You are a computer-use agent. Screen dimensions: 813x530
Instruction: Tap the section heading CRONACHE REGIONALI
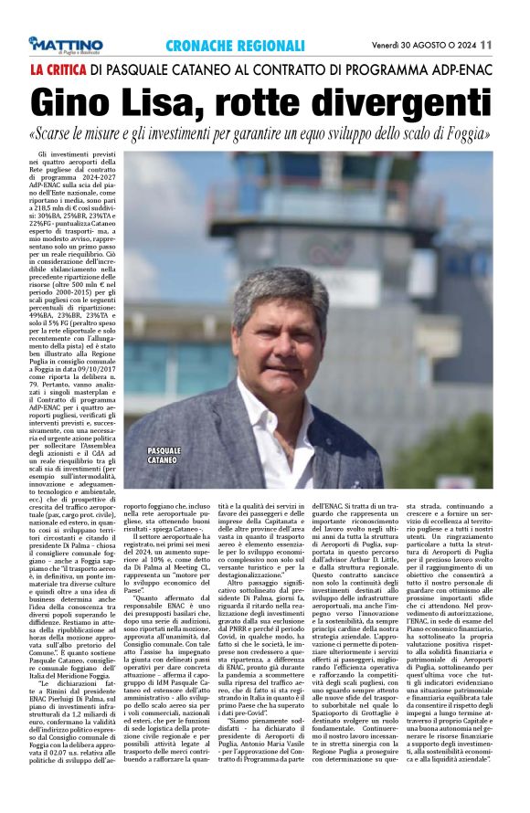pyautogui.click(x=235, y=45)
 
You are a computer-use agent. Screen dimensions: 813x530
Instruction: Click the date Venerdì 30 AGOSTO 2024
pyautogui.click(x=423, y=44)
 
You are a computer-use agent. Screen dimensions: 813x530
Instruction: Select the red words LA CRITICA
pyautogui.click(x=59, y=69)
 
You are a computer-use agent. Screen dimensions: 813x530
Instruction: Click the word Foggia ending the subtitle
pyautogui.click(x=469, y=133)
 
